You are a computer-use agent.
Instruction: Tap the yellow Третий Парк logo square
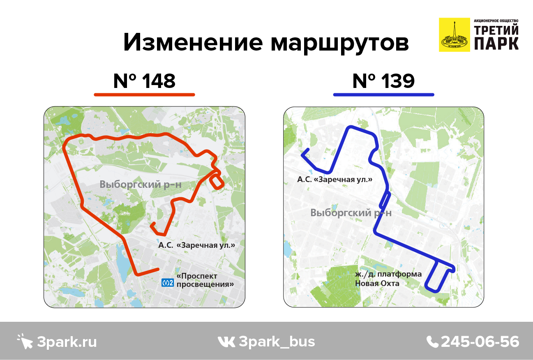click(454, 35)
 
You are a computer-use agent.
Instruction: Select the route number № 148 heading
click(144, 81)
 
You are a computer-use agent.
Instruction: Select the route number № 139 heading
click(383, 81)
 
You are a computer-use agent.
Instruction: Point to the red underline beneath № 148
click(144, 95)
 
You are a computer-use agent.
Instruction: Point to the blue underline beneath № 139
click(383, 95)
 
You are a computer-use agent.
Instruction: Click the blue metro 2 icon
click(168, 282)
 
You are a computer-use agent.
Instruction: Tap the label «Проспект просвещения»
click(205, 280)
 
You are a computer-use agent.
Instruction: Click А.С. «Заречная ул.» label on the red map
click(197, 245)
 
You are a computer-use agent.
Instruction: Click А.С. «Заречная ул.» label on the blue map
click(335, 180)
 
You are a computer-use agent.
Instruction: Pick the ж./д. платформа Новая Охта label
click(388, 279)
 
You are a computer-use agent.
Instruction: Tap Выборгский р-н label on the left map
click(141, 185)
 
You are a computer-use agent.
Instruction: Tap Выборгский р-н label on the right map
click(351, 213)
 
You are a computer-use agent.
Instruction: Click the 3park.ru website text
click(67, 342)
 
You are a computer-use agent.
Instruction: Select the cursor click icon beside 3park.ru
click(25, 341)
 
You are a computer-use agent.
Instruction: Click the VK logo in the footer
click(226, 342)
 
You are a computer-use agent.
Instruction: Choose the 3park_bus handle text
click(277, 342)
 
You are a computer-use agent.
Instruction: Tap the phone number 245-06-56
click(480, 342)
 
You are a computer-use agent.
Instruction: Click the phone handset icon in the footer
click(432, 342)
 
